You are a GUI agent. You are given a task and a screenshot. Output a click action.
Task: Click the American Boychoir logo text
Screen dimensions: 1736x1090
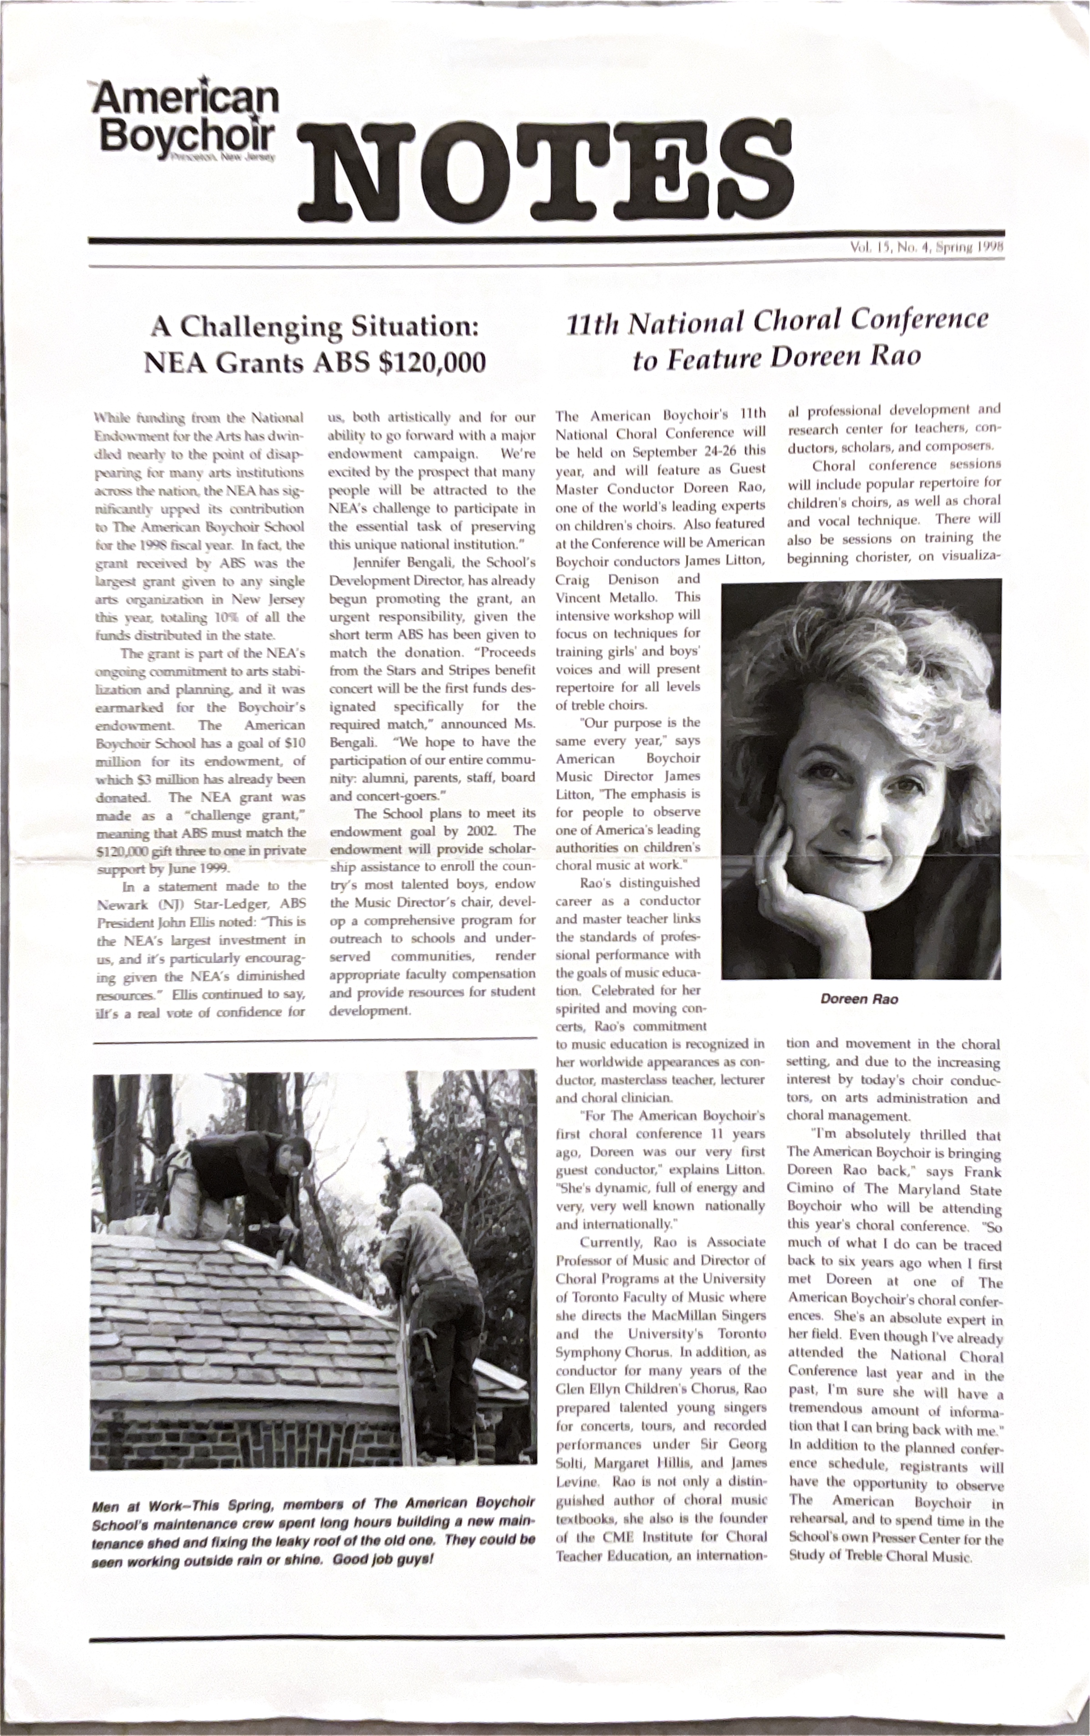186,115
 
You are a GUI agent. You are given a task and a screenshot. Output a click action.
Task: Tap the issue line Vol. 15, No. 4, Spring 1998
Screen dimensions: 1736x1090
927,247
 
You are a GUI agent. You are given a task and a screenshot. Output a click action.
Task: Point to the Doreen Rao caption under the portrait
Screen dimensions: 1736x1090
859,999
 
